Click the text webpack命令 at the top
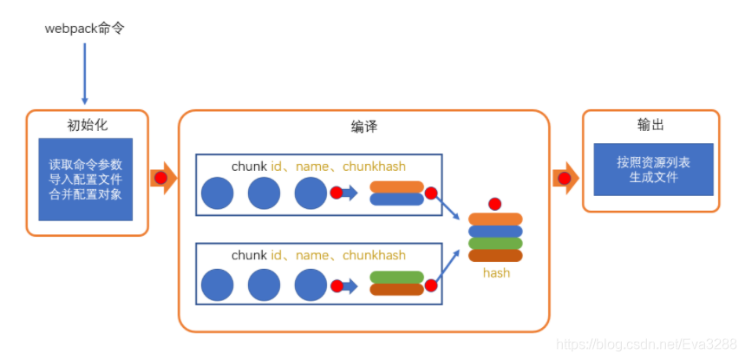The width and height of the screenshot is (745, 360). pyautogui.click(x=85, y=29)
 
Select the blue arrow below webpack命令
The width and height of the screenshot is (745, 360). pyautogui.click(x=85, y=75)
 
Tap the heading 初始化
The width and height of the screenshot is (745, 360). pyautogui.click(x=86, y=124)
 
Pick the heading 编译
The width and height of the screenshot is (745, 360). pyautogui.click(x=364, y=127)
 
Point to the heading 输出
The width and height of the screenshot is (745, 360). pyautogui.click(x=650, y=125)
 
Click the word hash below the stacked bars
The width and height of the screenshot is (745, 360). pyautogui.click(x=496, y=272)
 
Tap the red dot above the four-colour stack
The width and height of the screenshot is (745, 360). pyautogui.click(x=495, y=204)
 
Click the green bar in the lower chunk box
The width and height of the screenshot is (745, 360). pyautogui.click(x=396, y=278)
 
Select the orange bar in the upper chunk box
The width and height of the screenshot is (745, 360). pyautogui.click(x=396, y=187)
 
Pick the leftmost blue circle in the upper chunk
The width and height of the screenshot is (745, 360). pyautogui.click(x=218, y=193)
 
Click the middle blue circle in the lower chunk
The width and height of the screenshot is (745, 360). pyautogui.click(x=265, y=285)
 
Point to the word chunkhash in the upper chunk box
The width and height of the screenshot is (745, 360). pyautogui.click(x=374, y=166)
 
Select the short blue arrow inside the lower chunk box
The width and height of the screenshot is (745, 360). pyautogui.click(x=349, y=284)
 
